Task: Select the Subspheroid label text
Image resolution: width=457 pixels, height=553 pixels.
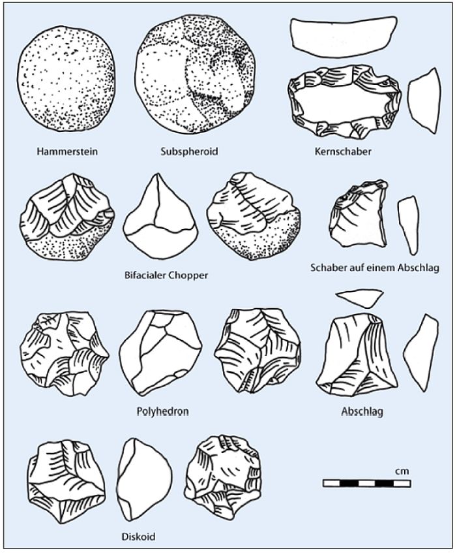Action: point(189,151)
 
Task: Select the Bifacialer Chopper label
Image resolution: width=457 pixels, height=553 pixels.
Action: point(166,275)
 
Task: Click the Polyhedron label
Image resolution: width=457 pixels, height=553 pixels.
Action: point(162,412)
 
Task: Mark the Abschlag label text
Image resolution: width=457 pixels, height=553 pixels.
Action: point(362,412)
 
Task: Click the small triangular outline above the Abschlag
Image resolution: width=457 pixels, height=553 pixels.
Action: point(359,298)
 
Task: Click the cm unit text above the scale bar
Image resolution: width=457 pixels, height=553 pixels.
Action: point(402,471)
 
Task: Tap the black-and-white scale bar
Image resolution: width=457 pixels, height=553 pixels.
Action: point(366,483)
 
